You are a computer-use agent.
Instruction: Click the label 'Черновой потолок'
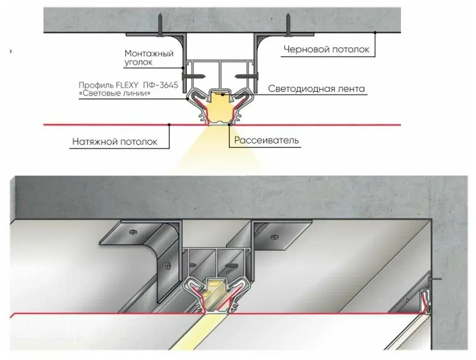click(326, 49)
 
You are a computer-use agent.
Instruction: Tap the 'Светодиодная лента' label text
click(316, 89)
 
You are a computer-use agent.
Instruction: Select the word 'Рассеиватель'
click(267, 140)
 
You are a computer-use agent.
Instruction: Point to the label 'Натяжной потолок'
click(115, 142)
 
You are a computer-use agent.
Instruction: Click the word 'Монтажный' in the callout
click(149, 53)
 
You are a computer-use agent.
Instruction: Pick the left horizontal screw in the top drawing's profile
click(194, 70)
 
